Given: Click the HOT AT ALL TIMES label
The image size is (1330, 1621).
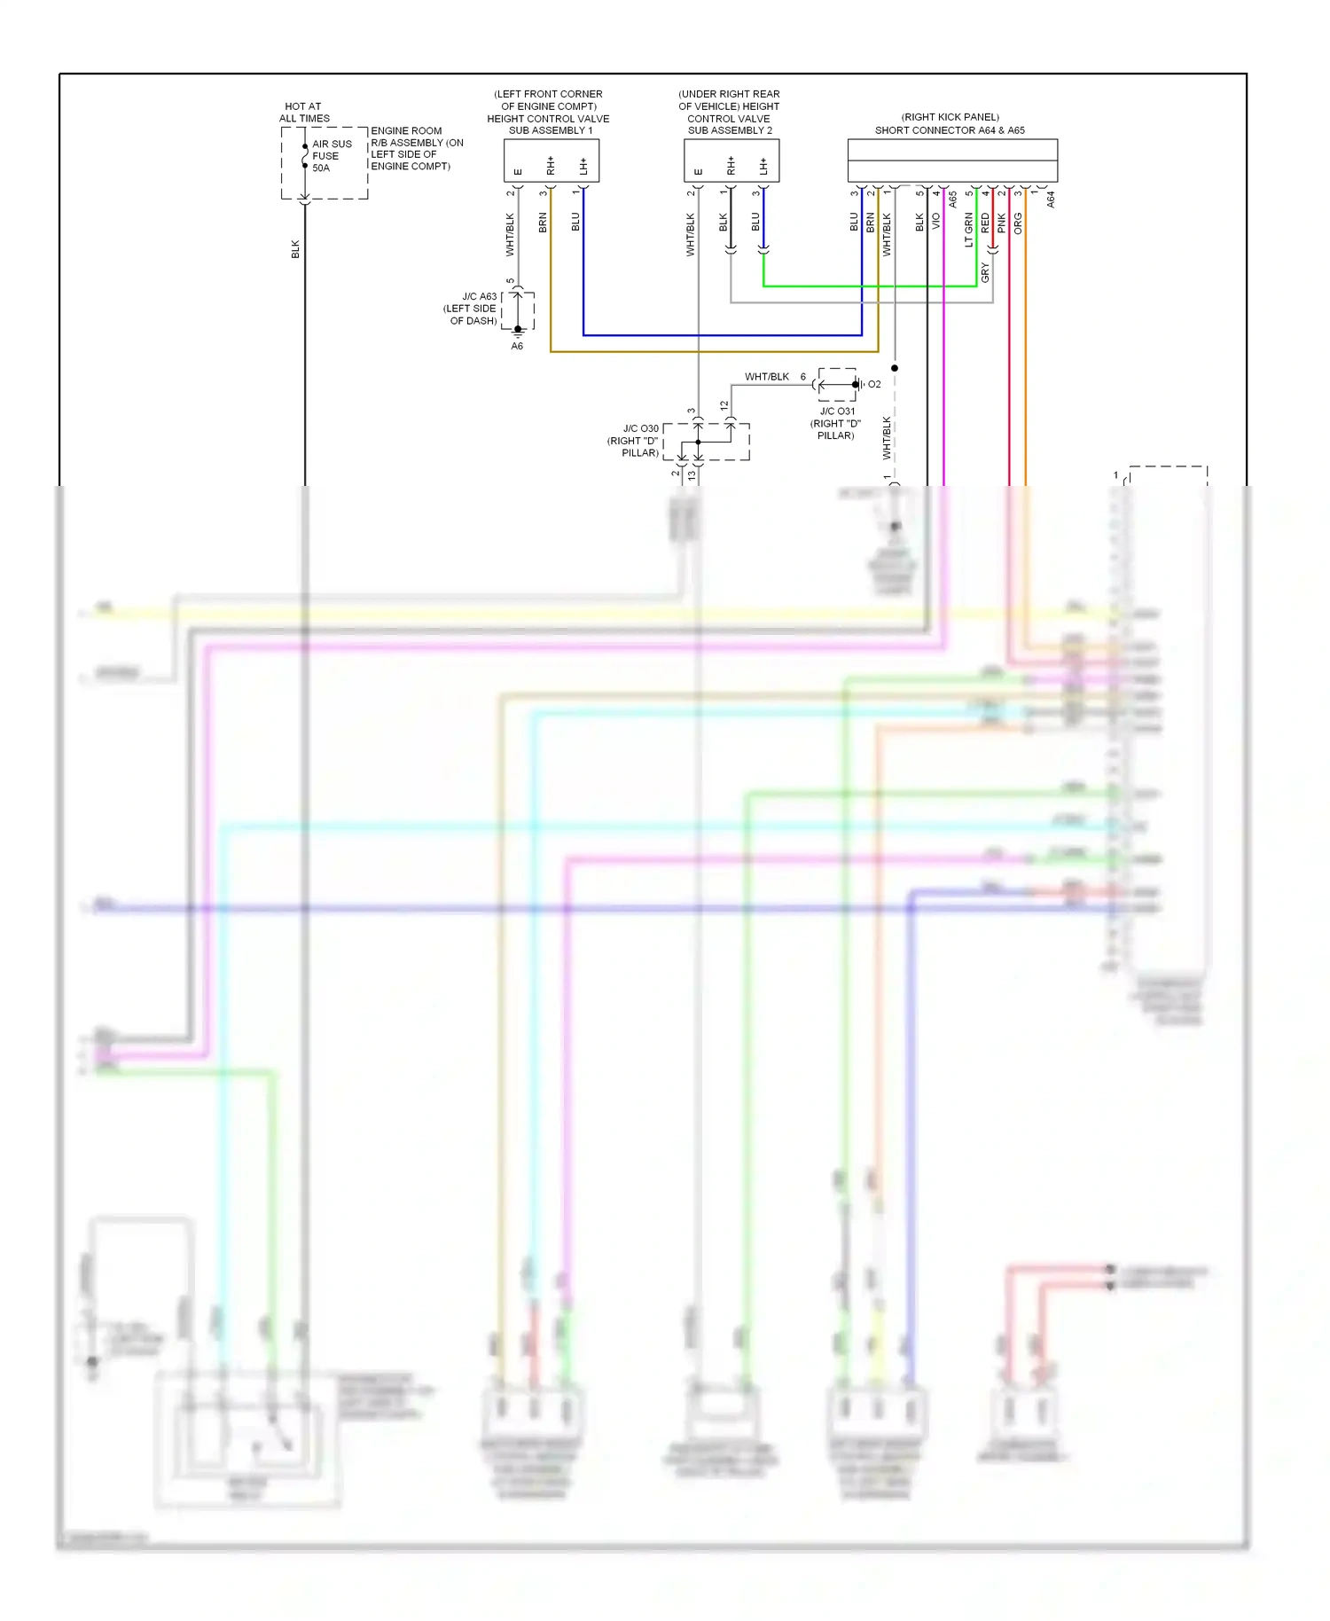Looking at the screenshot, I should click(304, 112).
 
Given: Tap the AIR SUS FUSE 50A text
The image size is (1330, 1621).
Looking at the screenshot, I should click(332, 155).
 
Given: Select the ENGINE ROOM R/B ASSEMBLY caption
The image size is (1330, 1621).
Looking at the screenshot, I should click(416, 148).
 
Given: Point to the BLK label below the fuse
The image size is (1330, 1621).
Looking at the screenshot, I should click(296, 249).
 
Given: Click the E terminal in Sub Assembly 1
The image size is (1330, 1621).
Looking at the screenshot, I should click(519, 171).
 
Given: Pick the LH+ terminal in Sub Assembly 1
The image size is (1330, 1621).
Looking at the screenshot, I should click(583, 166).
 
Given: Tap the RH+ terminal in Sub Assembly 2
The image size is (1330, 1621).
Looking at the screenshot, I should click(731, 166).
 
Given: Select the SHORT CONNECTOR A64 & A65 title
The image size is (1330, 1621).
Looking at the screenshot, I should click(950, 129).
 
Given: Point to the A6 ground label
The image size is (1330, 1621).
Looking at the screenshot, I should click(517, 346).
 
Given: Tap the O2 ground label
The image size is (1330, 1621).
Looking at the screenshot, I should click(874, 384).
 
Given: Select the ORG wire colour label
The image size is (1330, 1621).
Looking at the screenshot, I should click(1018, 223).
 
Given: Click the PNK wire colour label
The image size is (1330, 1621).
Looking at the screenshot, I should click(1002, 223).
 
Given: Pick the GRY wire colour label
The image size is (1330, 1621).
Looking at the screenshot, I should click(985, 273).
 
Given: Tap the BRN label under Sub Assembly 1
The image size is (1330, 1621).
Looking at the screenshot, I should click(543, 223).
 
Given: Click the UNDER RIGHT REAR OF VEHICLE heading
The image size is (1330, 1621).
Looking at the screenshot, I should click(729, 99).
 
